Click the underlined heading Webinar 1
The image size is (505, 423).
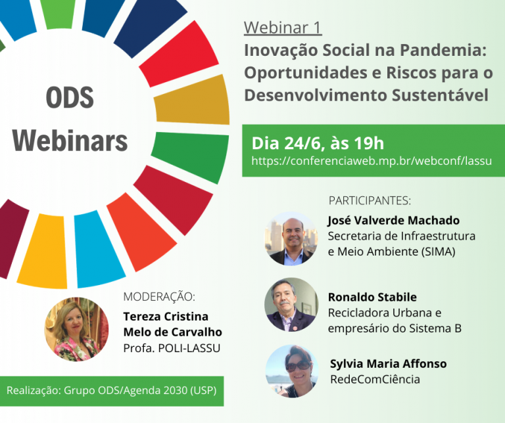[283, 28]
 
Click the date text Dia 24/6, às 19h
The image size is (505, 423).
[318, 143]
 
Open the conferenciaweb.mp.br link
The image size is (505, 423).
[372, 160]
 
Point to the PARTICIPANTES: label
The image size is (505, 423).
[370, 200]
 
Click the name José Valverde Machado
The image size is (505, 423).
[394, 220]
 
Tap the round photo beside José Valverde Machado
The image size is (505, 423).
[291, 238]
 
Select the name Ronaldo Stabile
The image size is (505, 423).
[372, 297]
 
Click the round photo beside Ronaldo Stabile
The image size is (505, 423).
[291, 305]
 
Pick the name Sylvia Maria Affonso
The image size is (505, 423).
[389, 364]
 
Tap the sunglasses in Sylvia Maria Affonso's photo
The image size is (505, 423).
[299, 366]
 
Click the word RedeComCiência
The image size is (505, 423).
[375, 379]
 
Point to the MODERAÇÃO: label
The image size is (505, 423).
[159, 297]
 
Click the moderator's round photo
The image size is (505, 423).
[76, 329]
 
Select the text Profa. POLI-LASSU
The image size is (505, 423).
[172, 348]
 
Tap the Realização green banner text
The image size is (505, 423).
[111, 391]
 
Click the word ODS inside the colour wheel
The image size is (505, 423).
[70, 97]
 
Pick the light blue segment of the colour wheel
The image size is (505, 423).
[98, 249]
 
